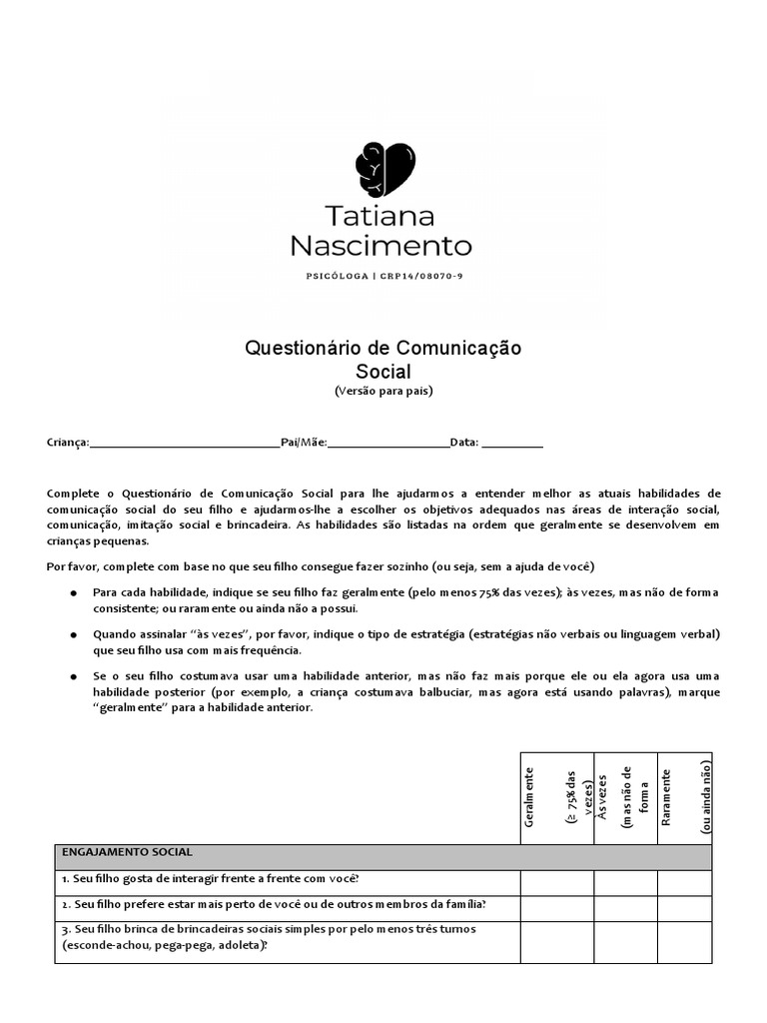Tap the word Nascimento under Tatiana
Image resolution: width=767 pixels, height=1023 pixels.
click(x=381, y=246)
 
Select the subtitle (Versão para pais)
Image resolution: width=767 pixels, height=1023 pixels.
click(x=383, y=391)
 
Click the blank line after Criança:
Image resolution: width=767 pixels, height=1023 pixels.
click(x=185, y=443)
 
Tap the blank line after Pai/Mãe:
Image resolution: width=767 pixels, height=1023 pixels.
click(x=387, y=443)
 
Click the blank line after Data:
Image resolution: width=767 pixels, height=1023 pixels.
click(x=512, y=443)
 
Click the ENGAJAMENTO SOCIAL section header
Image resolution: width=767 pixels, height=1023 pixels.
click(x=127, y=852)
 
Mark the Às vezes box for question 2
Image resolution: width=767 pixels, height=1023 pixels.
click(x=625, y=907)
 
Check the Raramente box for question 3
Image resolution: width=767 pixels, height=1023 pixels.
click(x=684, y=942)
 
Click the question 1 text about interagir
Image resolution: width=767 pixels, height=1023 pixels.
click(x=210, y=879)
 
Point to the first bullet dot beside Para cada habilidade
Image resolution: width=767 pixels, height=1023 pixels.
click(x=74, y=592)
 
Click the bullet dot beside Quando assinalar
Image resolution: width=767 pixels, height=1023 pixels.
click(x=74, y=634)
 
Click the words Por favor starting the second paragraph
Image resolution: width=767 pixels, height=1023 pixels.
click(x=68, y=566)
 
